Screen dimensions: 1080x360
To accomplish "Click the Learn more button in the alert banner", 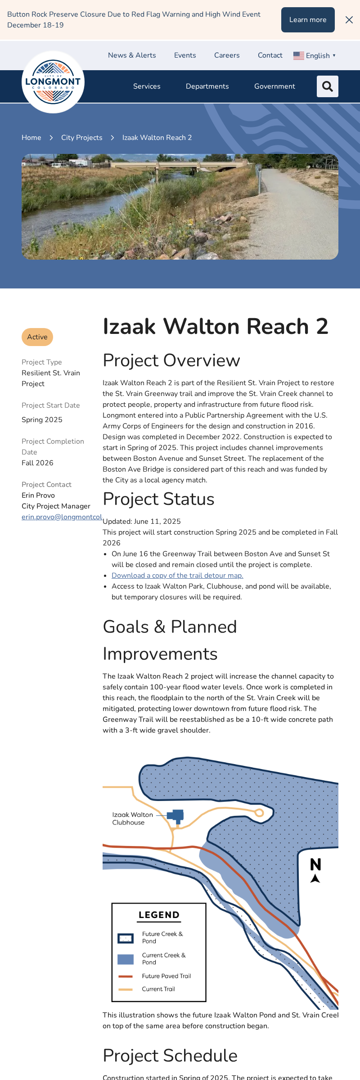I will pyautogui.click(x=308, y=20).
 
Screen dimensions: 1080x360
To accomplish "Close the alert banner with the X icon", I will pyautogui.click(x=349, y=20).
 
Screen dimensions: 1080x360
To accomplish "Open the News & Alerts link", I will pyautogui.click(x=132, y=55).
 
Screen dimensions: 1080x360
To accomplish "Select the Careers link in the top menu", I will pyautogui.click(x=227, y=55).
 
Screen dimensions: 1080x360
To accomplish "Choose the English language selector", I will pyautogui.click(x=315, y=56).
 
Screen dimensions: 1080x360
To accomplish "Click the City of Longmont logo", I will pyautogui.click(x=53, y=82).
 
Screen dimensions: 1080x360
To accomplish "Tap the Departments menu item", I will pyautogui.click(x=207, y=86).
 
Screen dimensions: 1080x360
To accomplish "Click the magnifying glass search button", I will pyautogui.click(x=328, y=86).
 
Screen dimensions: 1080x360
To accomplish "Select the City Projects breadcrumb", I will pyautogui.click(x=82, y=138).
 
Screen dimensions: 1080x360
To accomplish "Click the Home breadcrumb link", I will pyautogui.click(x=31, y=138).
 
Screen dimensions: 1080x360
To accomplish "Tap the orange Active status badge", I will pyautogui.click(x=37, y=337).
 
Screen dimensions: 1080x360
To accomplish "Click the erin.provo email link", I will pyautogui.click(x=62, y=517).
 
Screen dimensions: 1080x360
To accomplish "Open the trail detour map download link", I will pyautogui.click(x=177, y=576).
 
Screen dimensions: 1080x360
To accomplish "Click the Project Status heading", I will pyautogui.click(x=158, y=499).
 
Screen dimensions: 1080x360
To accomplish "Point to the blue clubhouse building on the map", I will pyautogui.click(x=176, y=815).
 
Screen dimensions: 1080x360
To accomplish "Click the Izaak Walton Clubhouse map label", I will pyautogui.click(x=132, y=819).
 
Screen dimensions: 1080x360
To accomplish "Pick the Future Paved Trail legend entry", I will pyautogui.click(x=166, y=976).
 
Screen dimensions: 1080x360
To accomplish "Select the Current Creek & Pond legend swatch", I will pyautogui.click(x=126, y=959).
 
